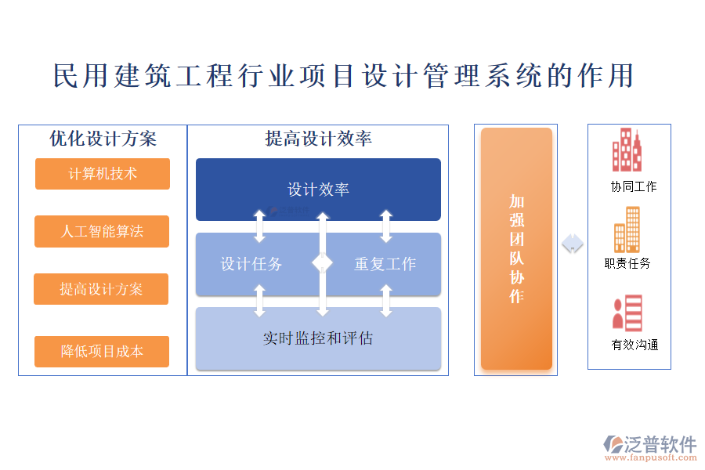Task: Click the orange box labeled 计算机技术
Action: pos(103,174)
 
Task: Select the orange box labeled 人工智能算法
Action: pos(102,231)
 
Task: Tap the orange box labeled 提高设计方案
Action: pos(101,289)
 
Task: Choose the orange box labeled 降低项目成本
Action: pos(102,351)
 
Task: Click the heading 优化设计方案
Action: pos(103,139)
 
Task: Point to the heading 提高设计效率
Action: pos(318,139)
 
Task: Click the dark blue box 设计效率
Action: pos(318,190)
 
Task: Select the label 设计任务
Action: pos(251,264)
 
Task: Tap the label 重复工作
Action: pos(385,264)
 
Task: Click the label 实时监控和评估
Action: pos(318,338)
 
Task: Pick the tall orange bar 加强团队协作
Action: pos(516,248)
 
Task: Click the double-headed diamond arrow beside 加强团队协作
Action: pos(573,244)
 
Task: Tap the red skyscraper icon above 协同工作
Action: pos(627,150)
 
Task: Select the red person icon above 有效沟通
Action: pos(627,313)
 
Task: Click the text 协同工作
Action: pos(634,186)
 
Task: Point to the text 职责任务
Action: pos(627,264)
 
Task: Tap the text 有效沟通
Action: pos(634,345)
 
